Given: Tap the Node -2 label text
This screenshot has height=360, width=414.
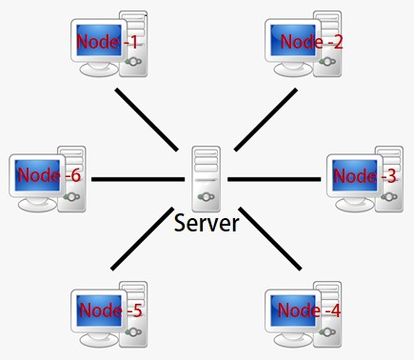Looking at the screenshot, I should coord(311,42).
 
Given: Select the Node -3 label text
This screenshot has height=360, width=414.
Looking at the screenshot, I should coord(366,176).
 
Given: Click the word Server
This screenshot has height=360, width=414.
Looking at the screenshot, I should coord(207,223).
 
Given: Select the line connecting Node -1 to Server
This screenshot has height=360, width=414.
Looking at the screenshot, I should coord(148,120).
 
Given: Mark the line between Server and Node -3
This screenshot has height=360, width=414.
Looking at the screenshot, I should coord(276,179).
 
